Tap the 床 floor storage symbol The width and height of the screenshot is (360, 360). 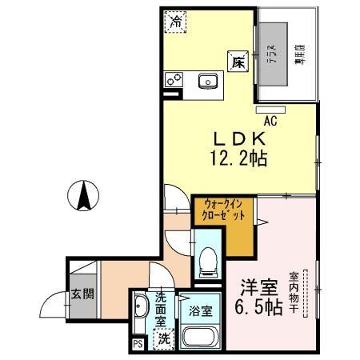[x=238, y=63]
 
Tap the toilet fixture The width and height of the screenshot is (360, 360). [x=206, y=258]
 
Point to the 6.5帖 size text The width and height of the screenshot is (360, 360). [x=258, y=307]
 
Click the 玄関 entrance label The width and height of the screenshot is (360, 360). [x=82, y=293]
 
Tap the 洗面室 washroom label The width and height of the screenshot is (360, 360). [x=161, y=308]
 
